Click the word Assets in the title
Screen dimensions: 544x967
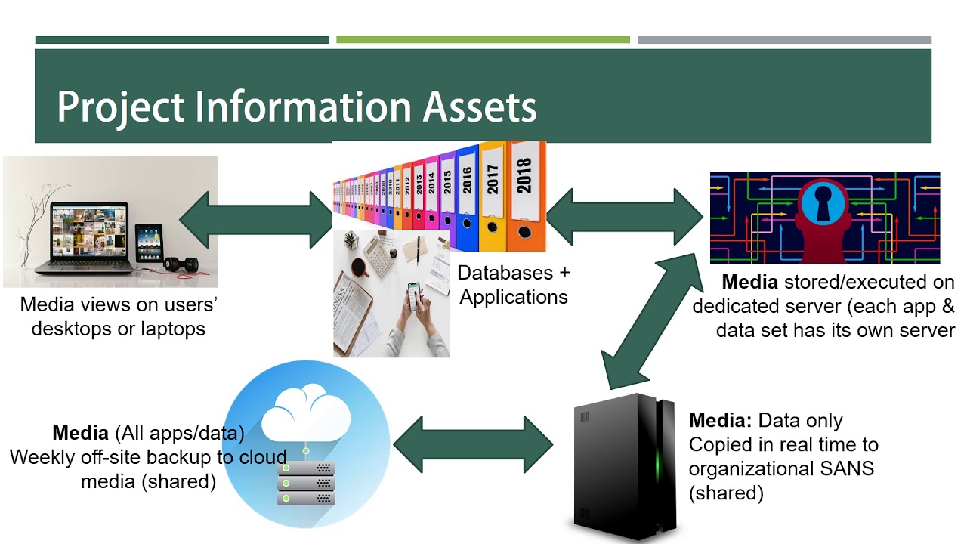point(479,107)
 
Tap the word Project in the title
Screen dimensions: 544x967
point(121,107)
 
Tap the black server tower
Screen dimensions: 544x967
point(624,465)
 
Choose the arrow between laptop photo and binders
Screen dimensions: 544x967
point(257,220)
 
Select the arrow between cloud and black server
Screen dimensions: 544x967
point(474,442)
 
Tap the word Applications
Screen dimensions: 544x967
point(514,297)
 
